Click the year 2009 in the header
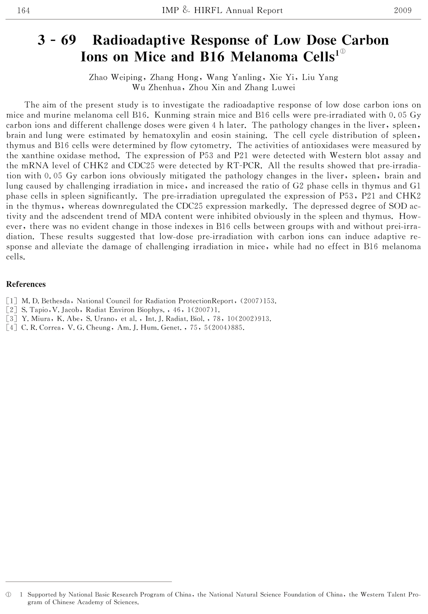point(402,10)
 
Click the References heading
point(26,284)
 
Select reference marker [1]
point(12,301)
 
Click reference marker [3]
point(12,319)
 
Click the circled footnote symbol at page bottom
point(8,595)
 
